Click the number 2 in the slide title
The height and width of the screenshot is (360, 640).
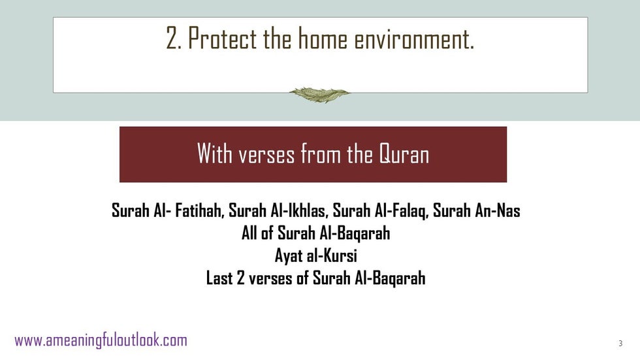(172, 39)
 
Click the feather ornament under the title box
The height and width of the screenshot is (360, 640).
(319, 95)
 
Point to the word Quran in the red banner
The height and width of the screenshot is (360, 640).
(404, 154)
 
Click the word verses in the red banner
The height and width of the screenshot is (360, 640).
(266, 155)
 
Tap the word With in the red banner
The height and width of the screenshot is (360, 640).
(215, 154)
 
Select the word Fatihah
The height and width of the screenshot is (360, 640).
(200, 210)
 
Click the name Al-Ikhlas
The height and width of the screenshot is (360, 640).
(298, 210)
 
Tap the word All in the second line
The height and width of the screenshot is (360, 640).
(249, 233)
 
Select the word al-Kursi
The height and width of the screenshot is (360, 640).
(332, 255)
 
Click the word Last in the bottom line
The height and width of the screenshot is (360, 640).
(219, 278)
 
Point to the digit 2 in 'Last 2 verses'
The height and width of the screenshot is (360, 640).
(241, 278)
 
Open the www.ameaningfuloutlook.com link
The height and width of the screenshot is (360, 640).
(101, 340)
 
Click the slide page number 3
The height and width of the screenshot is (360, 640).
(620, 343)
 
